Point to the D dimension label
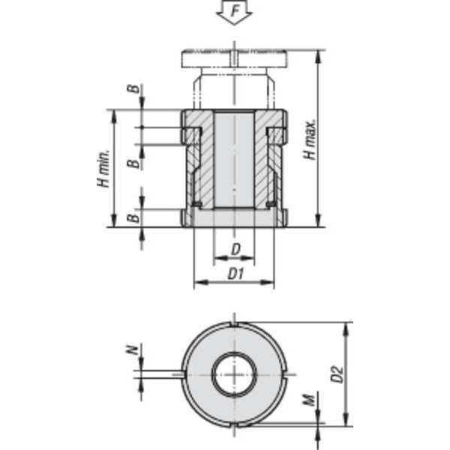(x=235, y=247)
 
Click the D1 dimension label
(x=235, y=274)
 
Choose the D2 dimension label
(x=337, y=373)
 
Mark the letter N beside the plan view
(x=132, y=349)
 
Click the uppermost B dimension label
(x=133, y=91)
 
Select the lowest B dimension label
(x=133, y=218)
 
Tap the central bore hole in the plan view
(x=234, y=373)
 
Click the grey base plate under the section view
(x=234, y=218)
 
